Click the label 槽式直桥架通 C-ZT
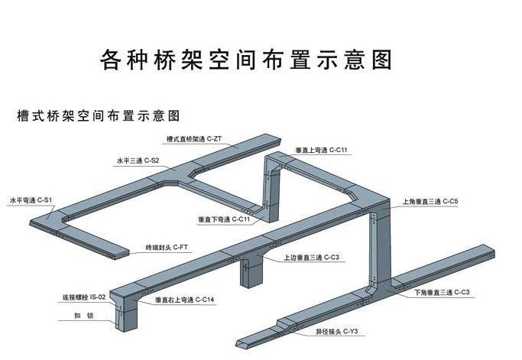[x=194, y=139]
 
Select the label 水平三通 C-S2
[x=137, y=161]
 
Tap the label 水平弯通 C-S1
[x=30, y=199]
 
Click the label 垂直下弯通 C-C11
[x=224, y=219]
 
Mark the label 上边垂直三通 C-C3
[x=311, y=258]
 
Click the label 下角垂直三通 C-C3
[x=442, y=293]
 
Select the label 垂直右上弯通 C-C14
[x=184, y=300]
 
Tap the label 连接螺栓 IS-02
[x=85, y=297]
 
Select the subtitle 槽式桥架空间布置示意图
[x=99, y=116]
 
